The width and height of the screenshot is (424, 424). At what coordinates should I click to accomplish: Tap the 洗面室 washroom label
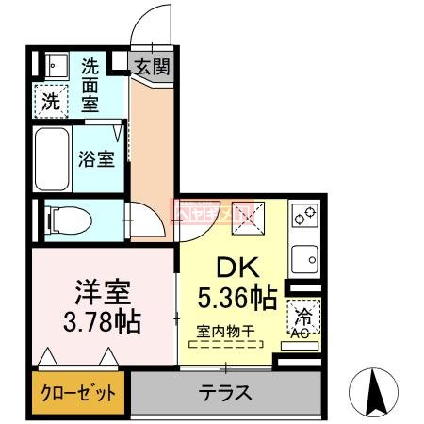coord(90,84)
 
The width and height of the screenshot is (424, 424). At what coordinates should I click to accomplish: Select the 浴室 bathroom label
coord(95,158)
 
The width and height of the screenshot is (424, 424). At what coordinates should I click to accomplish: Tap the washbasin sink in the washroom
coord(52,65)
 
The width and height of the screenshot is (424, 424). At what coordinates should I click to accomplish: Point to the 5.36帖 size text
coord(237,299)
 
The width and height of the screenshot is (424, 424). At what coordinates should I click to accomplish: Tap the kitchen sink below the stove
coord(304,256)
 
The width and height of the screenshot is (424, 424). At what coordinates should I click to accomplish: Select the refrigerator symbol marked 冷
coord(304,315)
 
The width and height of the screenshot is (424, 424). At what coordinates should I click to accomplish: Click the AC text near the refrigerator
coord(302,332)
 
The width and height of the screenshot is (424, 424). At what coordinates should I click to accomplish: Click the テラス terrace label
coord(223,392)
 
